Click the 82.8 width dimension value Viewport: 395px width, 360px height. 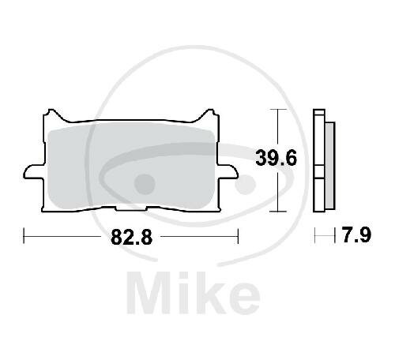(132, 237)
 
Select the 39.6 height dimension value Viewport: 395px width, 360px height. (276, 158)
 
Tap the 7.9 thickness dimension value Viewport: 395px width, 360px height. (356, 235)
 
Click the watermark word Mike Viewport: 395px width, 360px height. (194, 293)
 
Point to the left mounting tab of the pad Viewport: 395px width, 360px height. (34, 172)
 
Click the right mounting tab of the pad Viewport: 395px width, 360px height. (228, 172)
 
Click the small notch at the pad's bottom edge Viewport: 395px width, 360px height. (131, 208)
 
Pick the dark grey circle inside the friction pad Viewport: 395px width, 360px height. (144, 184)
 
